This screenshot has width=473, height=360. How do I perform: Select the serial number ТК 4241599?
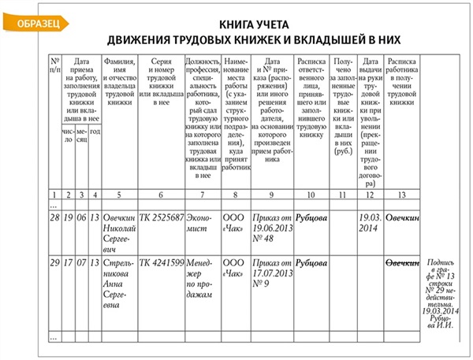point(162,262)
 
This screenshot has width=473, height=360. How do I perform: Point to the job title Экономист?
point(202,221)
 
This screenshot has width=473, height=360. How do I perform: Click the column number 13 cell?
point(402,194)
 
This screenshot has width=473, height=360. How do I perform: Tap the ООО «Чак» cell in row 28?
point(234,221)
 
